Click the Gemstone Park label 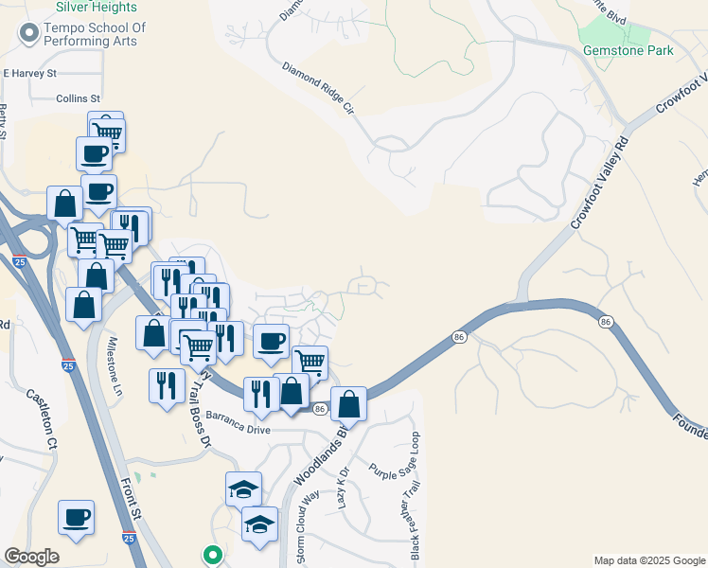[x=628, y=50]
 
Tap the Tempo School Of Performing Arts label [x=82, y=34]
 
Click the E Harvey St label [x=30, y=73]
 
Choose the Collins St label [x=78, y=98]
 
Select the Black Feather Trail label [x=414, y=521]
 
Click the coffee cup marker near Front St [x=76, y=518]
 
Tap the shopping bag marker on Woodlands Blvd [x=349, y=404]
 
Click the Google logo [x=31, y=557]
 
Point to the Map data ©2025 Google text [x=649, y=560]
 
